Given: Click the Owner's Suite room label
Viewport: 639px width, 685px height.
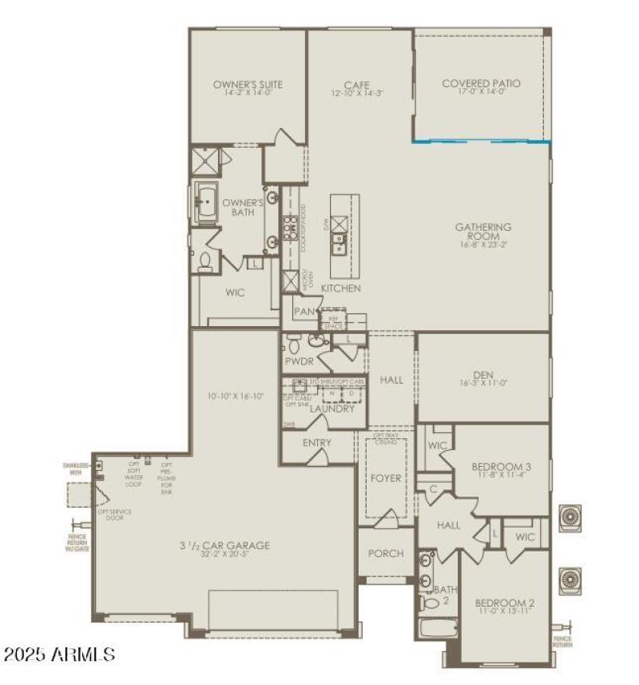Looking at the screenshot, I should point(248,84).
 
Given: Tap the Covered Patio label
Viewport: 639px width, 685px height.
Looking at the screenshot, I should point(482,83).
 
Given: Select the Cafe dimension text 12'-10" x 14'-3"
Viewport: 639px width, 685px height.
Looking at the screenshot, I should point(356,93).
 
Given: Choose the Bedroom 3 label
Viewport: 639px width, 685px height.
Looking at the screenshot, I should point(502,466).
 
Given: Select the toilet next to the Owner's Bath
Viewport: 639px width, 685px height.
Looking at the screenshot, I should point(207,260).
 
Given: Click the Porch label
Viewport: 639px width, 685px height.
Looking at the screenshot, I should point(386,553).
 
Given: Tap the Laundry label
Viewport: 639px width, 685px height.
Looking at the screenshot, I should point(331,408).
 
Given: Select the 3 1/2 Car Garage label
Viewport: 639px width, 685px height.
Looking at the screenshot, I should point(224,545).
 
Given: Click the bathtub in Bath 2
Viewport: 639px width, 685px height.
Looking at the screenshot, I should point(437,627).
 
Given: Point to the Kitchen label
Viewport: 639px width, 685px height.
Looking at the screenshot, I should point(341,288).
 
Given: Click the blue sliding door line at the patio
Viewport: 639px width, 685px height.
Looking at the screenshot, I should point(481,142).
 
